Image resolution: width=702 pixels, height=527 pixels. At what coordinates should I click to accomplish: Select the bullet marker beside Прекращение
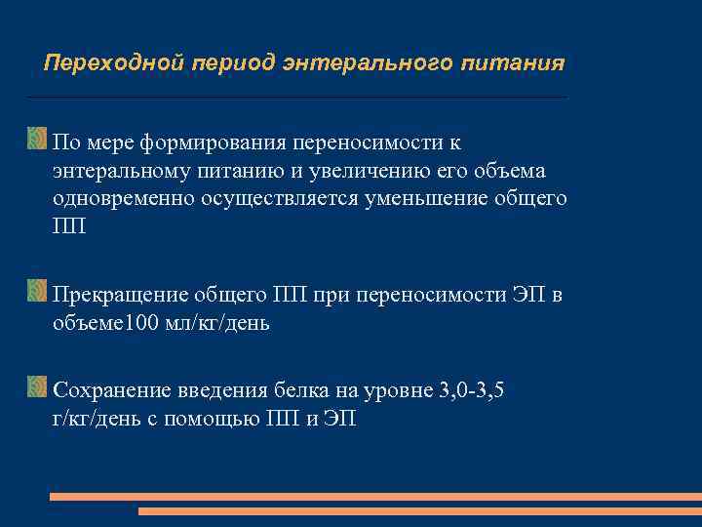[37, 290]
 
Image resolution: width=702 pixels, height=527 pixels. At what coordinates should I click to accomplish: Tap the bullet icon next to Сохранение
[37, 387]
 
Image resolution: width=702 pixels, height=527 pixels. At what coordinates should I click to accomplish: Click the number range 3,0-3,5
[472, 392]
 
